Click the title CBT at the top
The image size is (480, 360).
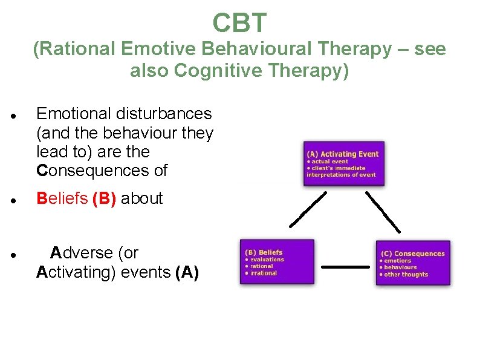tap(239, 23)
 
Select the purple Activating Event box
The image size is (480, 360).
tap(343, 163)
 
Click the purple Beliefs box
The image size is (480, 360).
tap(276, 262)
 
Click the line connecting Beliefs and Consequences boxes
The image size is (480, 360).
tap(345, 266)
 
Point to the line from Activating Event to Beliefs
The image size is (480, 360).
tap(308, 209)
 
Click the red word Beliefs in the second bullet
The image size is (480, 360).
tap(62, 198)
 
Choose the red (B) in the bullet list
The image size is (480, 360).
tap(105, 198)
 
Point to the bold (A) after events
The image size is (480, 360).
tap(187, 272)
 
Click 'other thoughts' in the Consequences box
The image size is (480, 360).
tap(406, 274)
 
